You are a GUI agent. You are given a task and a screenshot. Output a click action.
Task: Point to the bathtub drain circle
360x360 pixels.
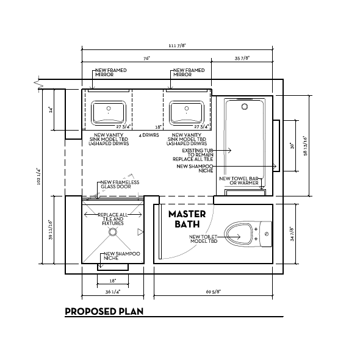245,106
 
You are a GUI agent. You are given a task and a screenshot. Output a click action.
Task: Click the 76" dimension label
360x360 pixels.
147,59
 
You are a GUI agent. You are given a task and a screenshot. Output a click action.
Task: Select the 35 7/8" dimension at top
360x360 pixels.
242,59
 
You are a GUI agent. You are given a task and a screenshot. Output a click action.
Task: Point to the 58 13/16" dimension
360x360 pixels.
304,145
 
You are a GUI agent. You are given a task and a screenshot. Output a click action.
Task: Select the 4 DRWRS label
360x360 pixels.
149,134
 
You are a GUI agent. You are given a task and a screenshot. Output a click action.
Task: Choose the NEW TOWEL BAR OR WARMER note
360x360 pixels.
243,181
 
